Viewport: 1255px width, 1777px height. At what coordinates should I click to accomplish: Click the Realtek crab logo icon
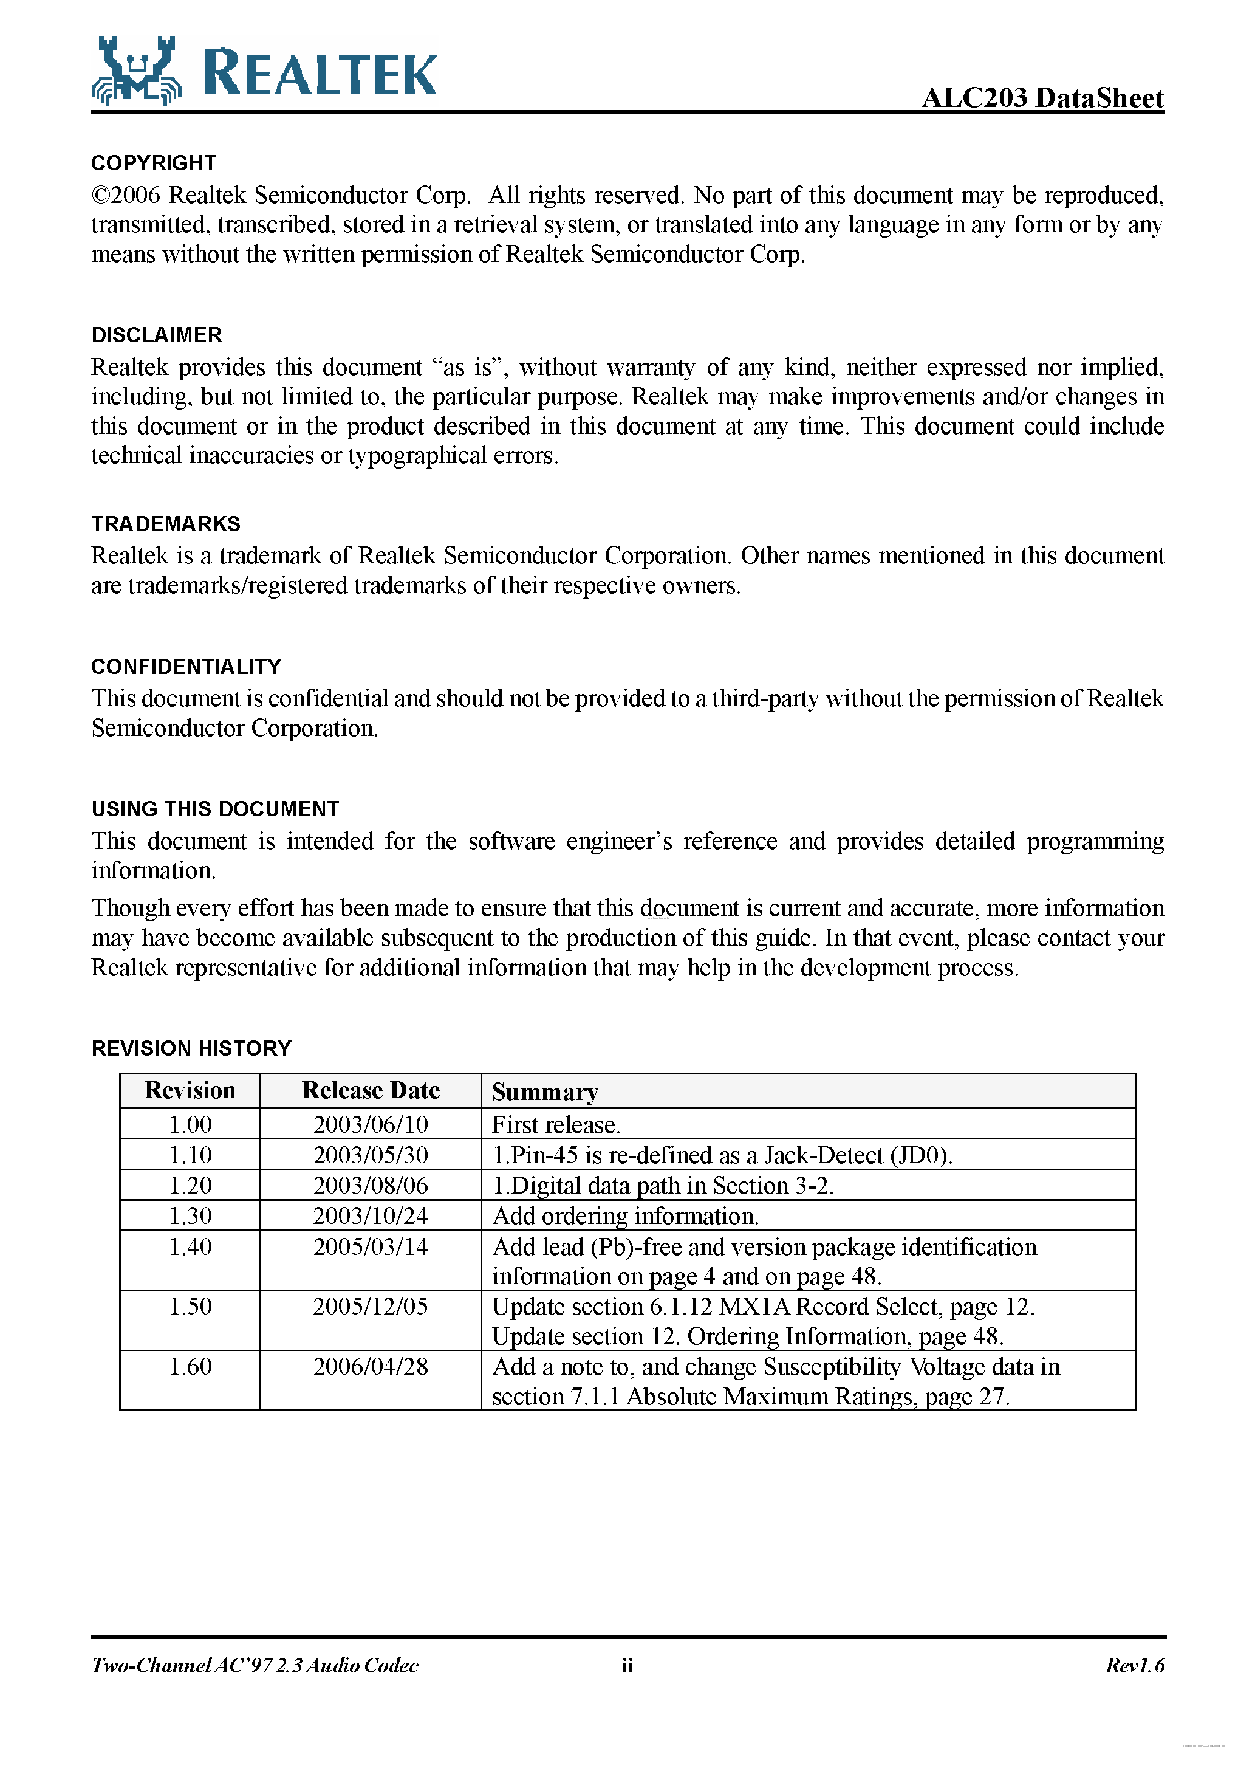click(136, 71)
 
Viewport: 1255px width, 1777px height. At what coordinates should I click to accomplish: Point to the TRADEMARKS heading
click(166, 524)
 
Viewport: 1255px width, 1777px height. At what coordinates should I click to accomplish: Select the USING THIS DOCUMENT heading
click(215, 809)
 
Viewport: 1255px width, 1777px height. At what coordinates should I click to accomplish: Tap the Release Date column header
click(371, 1090)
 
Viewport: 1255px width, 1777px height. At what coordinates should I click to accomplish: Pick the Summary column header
click(545, 1091)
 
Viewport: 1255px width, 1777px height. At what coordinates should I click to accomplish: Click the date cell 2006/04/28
click(371, 1366)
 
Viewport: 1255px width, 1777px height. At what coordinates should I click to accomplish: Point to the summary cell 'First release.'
click(556, 1124)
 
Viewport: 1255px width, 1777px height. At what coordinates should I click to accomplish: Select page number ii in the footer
click(627, 1666)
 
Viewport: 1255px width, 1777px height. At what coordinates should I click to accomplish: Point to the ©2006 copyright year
click(126, 195)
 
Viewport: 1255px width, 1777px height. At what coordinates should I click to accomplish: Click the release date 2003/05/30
click(371, 1155)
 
